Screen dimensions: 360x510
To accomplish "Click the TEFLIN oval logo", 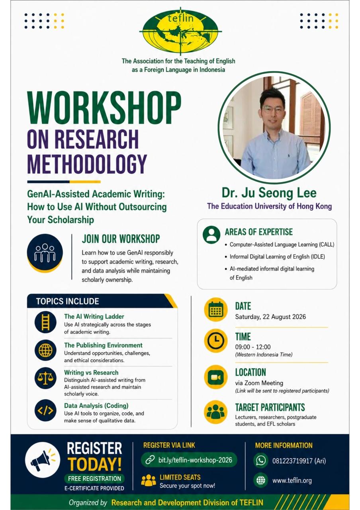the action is pos(180,31).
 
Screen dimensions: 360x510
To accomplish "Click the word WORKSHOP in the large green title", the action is pos(104,108).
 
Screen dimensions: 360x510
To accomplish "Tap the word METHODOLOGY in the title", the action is pos(87,164).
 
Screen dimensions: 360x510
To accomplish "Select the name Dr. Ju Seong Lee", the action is pos(269,193).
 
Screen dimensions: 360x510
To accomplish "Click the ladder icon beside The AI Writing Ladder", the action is pos(45,322).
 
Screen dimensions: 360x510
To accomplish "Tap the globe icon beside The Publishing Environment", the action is pos(45,350).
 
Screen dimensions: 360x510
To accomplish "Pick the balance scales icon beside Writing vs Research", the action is pos(45,378).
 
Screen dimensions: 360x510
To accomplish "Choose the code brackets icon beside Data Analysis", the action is pos(45,410).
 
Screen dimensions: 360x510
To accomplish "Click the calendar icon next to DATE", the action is pos(216,310).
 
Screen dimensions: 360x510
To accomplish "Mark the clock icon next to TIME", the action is pos(216,341).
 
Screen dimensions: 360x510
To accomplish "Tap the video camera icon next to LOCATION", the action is pos(216,377).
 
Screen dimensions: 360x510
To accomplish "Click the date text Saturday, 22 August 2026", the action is pos(270,317).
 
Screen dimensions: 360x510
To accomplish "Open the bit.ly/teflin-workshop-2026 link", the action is pos(189,460).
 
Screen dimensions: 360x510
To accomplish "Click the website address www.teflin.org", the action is pos(292,481).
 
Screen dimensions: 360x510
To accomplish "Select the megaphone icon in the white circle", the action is pos(43,460).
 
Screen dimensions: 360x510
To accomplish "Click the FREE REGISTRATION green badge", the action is pos(94,479).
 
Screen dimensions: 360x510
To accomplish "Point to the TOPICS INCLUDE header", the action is pos(67,301).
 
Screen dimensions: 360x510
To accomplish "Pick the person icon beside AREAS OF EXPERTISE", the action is pos(211,235).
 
